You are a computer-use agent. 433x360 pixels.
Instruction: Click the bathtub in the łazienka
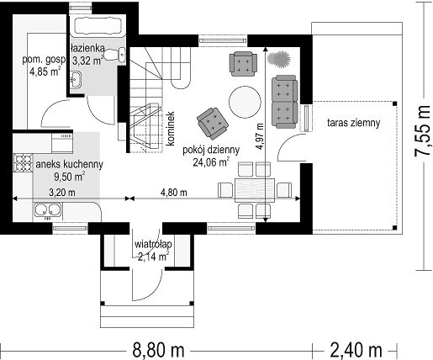(98, 26)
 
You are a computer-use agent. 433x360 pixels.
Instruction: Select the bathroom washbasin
(75, 79)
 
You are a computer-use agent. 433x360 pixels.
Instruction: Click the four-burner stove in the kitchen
(24, 162)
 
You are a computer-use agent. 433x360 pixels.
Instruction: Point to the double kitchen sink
(47, 211)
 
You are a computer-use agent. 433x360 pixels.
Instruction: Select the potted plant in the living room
(279, 59)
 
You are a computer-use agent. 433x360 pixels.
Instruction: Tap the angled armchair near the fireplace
(213, 124)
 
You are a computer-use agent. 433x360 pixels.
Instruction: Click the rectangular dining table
(255, 190)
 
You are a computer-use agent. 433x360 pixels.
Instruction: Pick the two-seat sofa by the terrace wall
(284, 102)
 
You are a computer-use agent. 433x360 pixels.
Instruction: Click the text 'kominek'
(170, 129)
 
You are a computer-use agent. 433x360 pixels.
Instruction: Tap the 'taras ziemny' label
(353, 123)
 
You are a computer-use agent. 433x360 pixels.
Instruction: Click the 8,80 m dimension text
(158, 350)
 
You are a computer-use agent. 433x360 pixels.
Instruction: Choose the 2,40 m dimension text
(356, 350)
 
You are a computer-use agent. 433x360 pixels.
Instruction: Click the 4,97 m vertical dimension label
(260, 136)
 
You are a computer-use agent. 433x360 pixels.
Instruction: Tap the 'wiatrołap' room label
(153, 245)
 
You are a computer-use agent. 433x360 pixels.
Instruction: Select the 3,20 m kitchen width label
(62, 193)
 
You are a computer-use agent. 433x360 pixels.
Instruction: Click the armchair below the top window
(243, 64)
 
